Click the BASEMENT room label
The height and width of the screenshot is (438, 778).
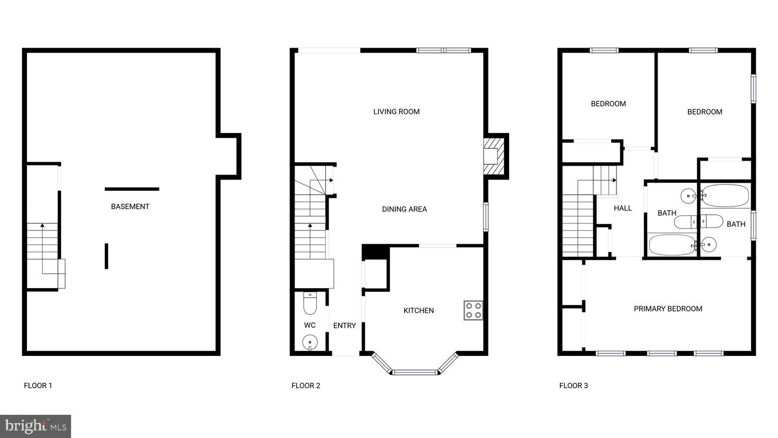click(130, 207)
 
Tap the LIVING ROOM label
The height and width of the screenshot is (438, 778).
click(397, 111)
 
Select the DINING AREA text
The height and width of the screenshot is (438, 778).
click(404, 209)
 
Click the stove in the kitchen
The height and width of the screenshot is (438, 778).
click(473, 310)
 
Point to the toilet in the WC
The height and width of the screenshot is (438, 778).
click(310, 303)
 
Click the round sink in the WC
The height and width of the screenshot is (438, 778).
click(310, 342)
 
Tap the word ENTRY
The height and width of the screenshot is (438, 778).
click(345, 326)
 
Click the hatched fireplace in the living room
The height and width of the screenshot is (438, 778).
click(494, 156)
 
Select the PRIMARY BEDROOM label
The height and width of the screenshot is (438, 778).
click(668, 309)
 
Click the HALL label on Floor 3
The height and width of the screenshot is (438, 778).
click(623, 208)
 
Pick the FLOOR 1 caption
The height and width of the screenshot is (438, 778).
click(38, 386)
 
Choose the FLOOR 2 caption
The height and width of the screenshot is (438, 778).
click(306, 386)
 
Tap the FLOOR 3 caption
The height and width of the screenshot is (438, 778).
click(573, 386)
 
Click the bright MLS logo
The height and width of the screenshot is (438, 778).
click(36, 426)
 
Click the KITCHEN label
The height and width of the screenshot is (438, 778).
click(419, 310)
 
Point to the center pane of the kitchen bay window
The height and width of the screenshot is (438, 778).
click(415, 372)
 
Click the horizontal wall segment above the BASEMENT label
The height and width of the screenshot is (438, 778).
click(132, 189)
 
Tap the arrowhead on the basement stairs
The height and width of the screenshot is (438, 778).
click(42, 225)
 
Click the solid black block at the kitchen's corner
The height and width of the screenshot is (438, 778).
click(375, 251)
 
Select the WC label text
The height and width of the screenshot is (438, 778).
click(310, 325)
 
